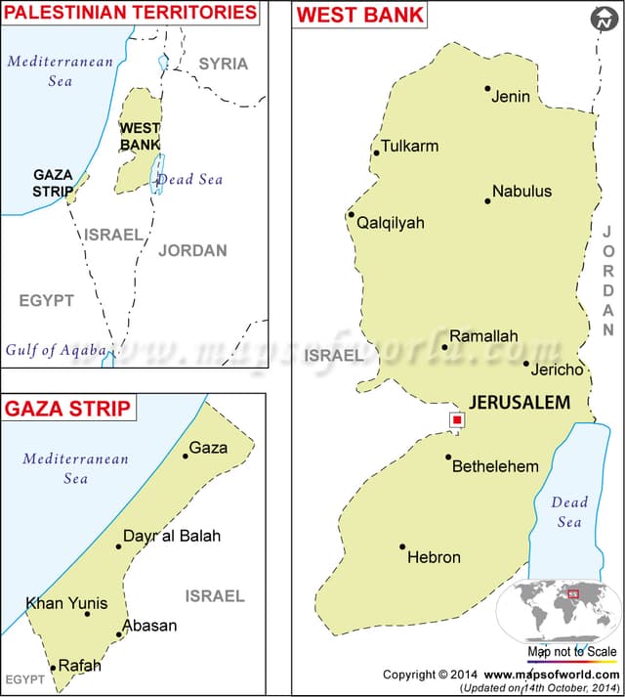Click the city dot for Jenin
tap(487, 88)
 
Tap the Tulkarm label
tap(409, 146)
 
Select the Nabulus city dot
tap(487, 201)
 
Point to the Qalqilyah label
tap(391, 223)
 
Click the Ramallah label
tap(483, 336)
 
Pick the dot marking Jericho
tap(526, 365)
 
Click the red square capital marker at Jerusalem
tap(456, 419)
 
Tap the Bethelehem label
tap(495, 466)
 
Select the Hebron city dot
tap(402, 547)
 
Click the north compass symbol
tap(603, 19)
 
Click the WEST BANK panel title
tap(360, 15)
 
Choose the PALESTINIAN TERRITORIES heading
tap(131, 13)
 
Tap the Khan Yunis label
tap(66, 603)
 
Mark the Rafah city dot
tap(53, 668)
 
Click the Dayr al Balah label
tap(172, 536)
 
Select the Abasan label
tap(149, 626)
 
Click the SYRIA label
tap(224, 64)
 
